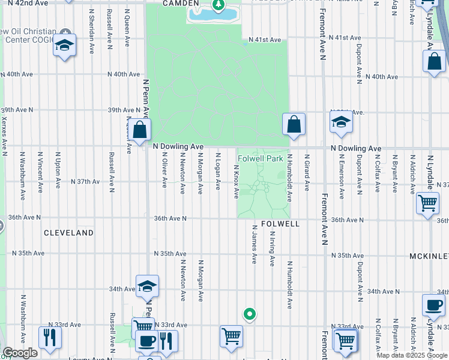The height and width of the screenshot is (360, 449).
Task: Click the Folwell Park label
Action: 259,159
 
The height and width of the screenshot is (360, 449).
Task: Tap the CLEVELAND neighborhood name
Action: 69,232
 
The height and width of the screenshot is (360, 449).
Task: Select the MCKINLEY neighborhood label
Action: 429,256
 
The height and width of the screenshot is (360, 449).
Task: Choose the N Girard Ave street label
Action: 307,172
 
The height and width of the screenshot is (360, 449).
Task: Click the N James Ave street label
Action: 255,244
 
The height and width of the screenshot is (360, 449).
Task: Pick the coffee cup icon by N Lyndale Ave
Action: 433,305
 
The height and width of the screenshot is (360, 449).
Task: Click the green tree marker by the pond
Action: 218,7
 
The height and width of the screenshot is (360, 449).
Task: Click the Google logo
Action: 20,353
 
